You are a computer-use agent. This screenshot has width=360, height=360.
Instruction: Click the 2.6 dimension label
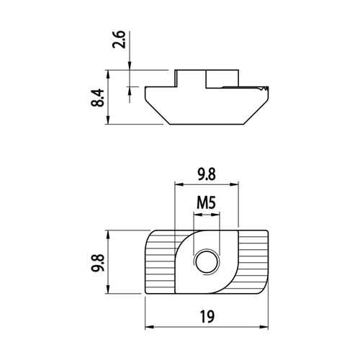click(x=119, y=40)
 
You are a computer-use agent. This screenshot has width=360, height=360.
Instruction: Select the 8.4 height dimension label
click(x=97, y=98)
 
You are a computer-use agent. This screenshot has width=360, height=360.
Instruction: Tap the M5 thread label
click(x=206, y=202)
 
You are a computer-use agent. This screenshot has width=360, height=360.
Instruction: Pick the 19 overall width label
click(x=207, y=317)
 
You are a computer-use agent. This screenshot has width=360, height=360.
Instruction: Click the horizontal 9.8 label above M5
click(x=207, y=174)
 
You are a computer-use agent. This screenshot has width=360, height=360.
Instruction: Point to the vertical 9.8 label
click(x=97, y=263)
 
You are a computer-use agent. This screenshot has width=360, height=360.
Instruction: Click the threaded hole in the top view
click(x=207, y=262)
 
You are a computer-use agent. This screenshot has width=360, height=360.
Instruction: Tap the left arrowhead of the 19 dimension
click(x=149, y=327)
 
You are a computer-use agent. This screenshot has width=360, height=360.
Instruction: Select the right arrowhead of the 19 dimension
click(x=264, y=327)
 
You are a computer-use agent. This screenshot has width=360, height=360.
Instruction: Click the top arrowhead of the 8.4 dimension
click(x=108, y=74)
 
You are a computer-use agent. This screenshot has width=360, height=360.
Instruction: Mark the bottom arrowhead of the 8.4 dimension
click(x=108, y=120)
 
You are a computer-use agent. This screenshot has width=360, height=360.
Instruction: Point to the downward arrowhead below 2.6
click(x=130, y=66)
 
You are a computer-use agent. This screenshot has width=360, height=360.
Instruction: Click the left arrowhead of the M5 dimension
click(x=197, y=215)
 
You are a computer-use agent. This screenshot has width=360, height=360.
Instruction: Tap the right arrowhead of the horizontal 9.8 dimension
click(x=234, y=184)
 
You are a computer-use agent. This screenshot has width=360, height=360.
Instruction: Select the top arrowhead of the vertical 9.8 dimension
click(x=108, y=235)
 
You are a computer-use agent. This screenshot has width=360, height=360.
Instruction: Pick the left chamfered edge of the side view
click(x=158, y=112)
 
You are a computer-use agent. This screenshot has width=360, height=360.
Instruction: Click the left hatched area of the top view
click(x=160, y=261)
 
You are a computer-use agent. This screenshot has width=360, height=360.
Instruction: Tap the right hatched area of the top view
click(x=253, y=261)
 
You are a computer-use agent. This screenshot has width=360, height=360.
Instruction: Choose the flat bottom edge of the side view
click(x=207, y=125)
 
